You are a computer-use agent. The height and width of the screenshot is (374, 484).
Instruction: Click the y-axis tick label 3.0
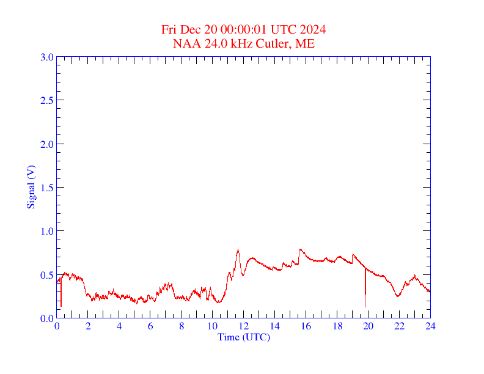[47, 57]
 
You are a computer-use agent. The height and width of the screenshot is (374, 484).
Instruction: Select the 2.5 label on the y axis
[47, 100]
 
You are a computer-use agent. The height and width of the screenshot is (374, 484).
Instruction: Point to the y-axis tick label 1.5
[47, 188]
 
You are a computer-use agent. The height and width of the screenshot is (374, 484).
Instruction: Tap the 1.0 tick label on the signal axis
[47, 231]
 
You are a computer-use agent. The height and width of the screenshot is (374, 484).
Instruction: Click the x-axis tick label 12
[244, 327]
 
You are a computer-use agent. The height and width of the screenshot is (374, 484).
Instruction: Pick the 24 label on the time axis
[430, 327]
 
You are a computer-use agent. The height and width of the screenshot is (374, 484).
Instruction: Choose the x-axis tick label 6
[150, 327]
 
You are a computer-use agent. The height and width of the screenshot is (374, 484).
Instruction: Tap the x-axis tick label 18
[337, 327]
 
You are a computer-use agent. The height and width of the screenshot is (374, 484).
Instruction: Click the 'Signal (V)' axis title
[31, 186]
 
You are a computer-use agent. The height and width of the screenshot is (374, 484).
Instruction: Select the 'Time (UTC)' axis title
[243, 337]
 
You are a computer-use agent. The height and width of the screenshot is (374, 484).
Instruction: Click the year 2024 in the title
[312, 30]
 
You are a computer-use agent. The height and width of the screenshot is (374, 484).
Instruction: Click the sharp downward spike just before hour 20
[365, 302]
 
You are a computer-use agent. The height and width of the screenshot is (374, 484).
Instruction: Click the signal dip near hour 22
[398, 296]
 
